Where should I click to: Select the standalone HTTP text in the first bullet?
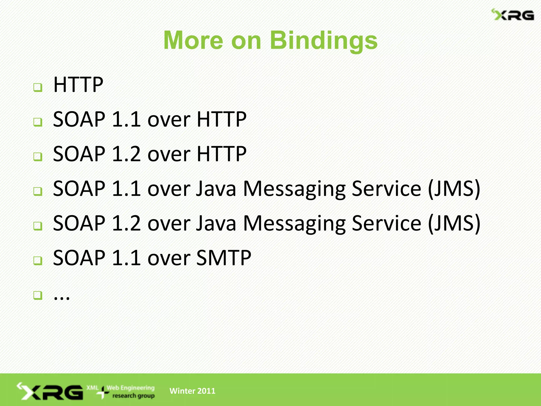point(78,85)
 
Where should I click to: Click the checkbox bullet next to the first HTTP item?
point(38,87)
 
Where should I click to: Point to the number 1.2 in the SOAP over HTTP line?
point(126,154)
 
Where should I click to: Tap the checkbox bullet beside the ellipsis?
point(38,295)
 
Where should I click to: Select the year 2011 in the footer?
point(206,391)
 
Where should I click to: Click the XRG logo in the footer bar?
point(50,391)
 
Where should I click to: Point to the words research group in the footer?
point(133,396)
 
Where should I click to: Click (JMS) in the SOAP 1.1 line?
point(454,189)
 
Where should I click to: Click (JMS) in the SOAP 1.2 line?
point(454,224)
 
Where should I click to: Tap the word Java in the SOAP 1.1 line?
point(216,189)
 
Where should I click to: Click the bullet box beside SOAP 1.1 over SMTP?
point(38,261)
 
